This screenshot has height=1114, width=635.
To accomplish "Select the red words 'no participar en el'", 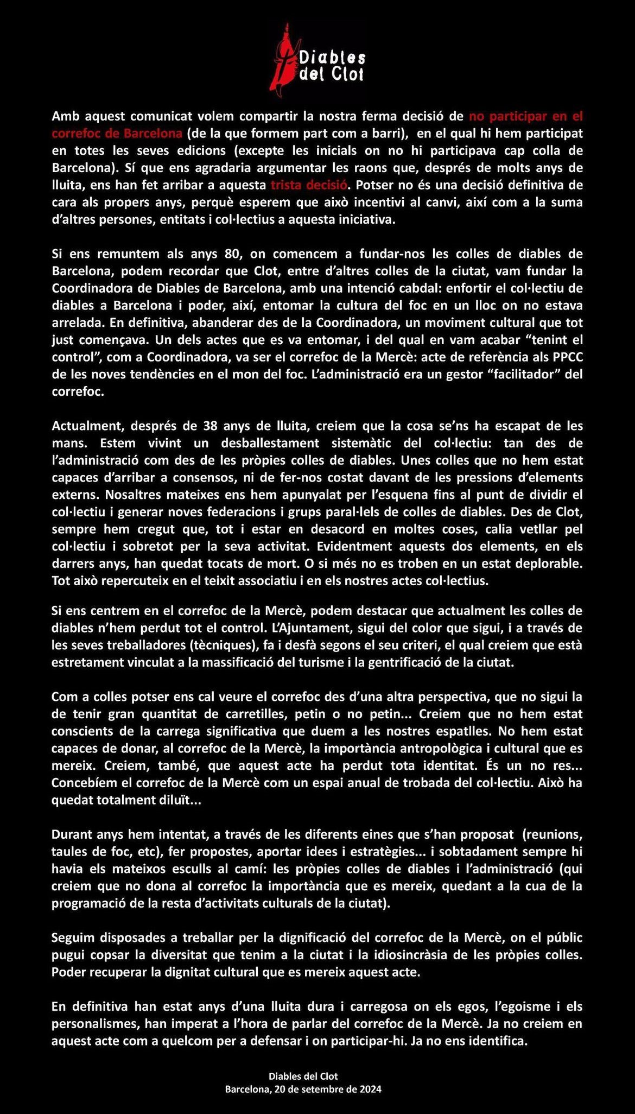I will pos(526,116).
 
